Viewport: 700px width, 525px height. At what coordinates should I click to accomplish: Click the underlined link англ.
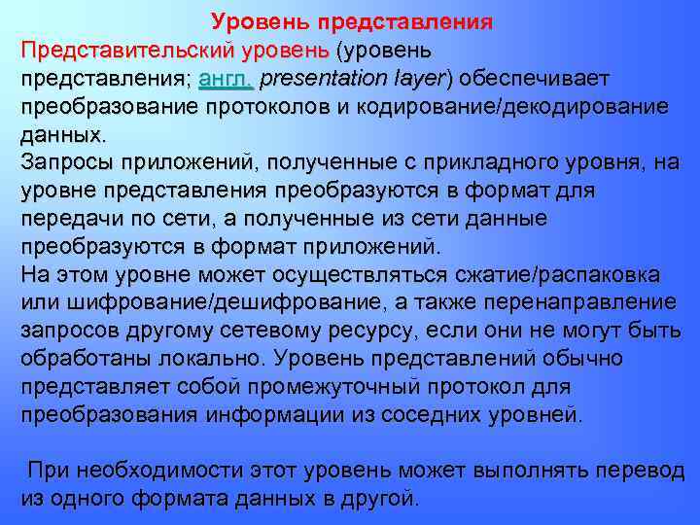pos(225,77)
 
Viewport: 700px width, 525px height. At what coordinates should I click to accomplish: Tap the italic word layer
pos(418,77)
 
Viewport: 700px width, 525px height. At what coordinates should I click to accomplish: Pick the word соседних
pos(428,415)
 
